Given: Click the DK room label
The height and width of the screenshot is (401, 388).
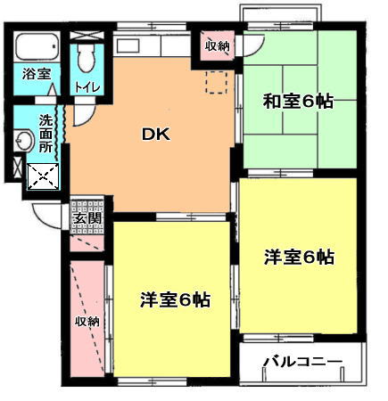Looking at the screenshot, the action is click(156, 135).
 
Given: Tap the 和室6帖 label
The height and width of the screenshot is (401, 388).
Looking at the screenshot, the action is click(298, 102).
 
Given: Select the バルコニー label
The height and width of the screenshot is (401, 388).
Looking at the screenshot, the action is click(302, 362).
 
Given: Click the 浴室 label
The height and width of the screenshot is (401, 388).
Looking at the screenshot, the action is click(37, 74).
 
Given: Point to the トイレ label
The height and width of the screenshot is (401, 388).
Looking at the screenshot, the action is click(87, 87).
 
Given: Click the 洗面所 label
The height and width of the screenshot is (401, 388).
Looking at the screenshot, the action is click(45, 134).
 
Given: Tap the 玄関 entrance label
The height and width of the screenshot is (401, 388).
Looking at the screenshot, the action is click(87, 218).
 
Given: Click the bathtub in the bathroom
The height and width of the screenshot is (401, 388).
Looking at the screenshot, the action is click(37, 47).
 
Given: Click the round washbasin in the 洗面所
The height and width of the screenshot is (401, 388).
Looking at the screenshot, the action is click(25, 140).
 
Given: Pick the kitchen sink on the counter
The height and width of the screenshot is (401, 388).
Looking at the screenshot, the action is click(128, 45).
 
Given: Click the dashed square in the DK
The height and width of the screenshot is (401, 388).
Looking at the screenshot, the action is click(217, 82).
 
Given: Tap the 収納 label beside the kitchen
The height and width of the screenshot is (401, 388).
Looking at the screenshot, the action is click(218, 46).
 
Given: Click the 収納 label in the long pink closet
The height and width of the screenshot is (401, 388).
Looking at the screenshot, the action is click(87, 321).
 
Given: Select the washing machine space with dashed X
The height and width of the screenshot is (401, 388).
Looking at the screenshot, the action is click(43, 177).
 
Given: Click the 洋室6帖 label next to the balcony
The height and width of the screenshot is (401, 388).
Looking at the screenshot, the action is click(299, 258).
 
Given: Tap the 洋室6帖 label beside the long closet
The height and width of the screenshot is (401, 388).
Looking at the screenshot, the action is click(175, 299).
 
